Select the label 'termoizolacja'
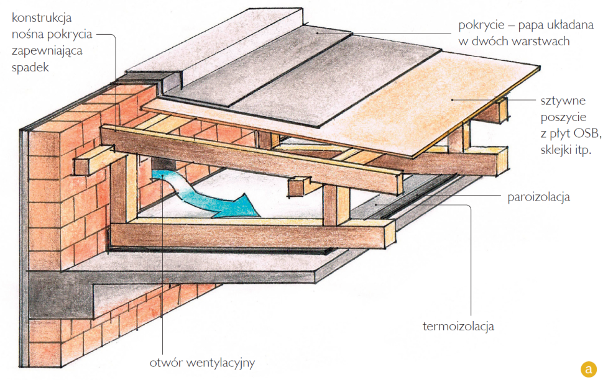458,325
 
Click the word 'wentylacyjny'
220,363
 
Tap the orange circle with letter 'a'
587,368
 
